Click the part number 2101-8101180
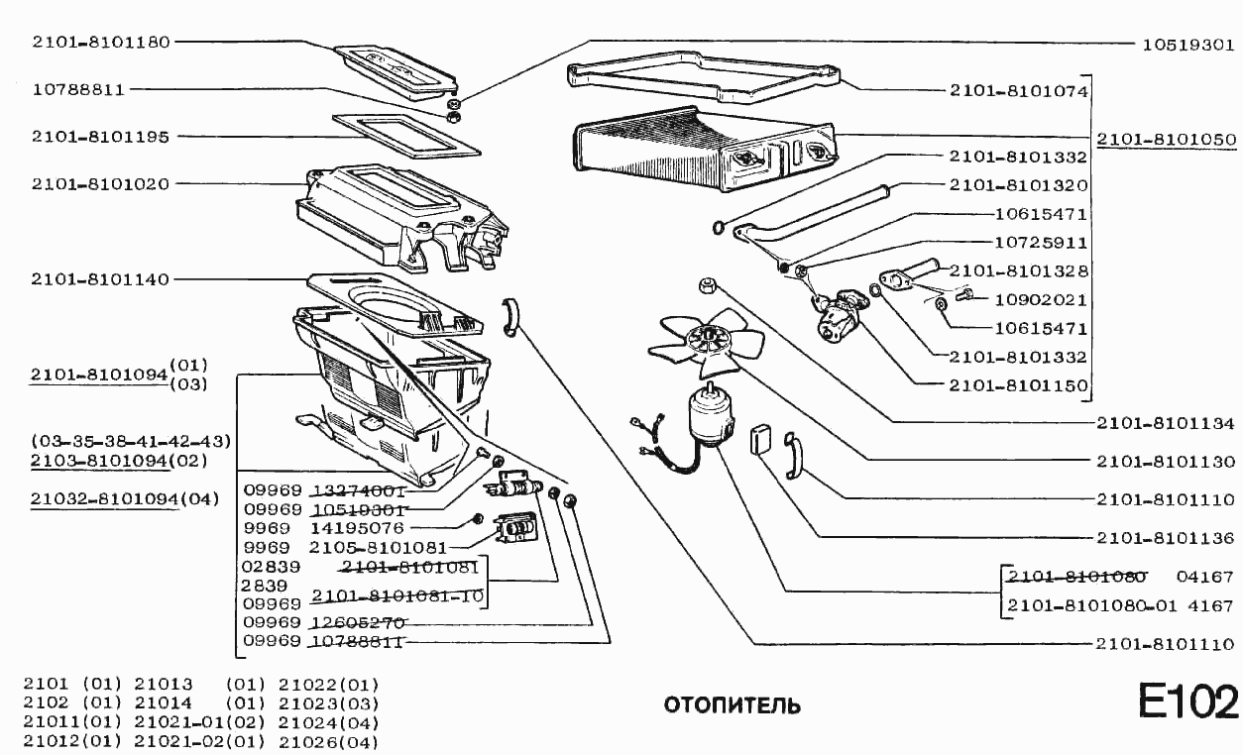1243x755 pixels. click(x=100, y=42)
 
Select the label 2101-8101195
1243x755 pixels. click(x=100, y=136)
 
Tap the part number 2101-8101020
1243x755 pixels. click(x=100, y=183)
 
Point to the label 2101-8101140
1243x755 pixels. click(x=100, y=279)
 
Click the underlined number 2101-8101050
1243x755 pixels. click(x=1166, y=140)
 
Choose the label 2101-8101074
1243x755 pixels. click(x=1019, y=90)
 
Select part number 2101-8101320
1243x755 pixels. click(x=1019, y=185)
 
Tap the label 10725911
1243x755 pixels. click(x=1041, y=242)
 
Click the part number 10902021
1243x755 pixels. click(x=1041, y=299)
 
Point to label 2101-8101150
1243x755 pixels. click(x=1019, y=385)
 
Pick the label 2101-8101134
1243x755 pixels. click(x=1166, y=423)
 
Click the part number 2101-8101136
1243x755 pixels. click(x=1166, y=538)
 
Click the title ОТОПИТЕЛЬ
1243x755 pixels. click(x=732, y=706)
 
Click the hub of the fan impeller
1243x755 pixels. click(x=709, y=341)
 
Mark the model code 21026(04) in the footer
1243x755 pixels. click(x=328, y=741)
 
